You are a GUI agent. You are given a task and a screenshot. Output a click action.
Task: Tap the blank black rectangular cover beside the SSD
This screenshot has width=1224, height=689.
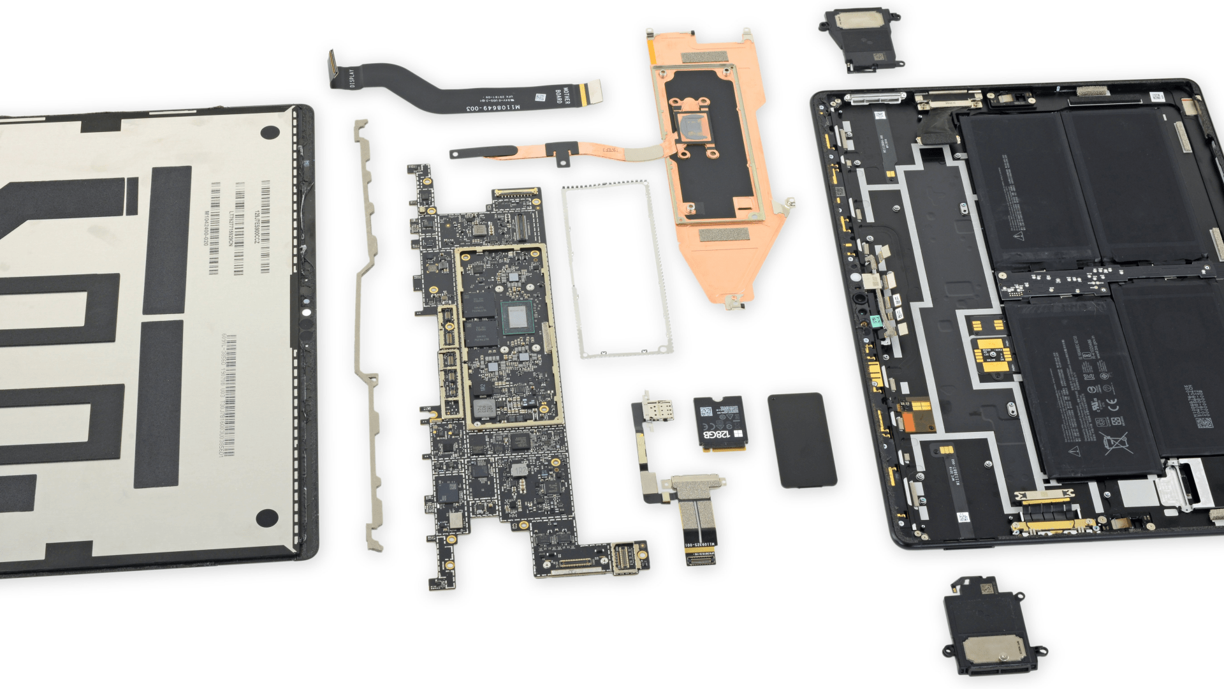click(802, 440)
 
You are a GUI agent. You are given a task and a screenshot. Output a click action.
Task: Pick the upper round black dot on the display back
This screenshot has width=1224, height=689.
click(270, 133)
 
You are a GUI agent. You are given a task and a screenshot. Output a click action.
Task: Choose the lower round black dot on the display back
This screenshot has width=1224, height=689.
click(268, 517)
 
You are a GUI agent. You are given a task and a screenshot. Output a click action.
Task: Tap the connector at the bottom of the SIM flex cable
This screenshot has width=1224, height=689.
click(699, 557)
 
